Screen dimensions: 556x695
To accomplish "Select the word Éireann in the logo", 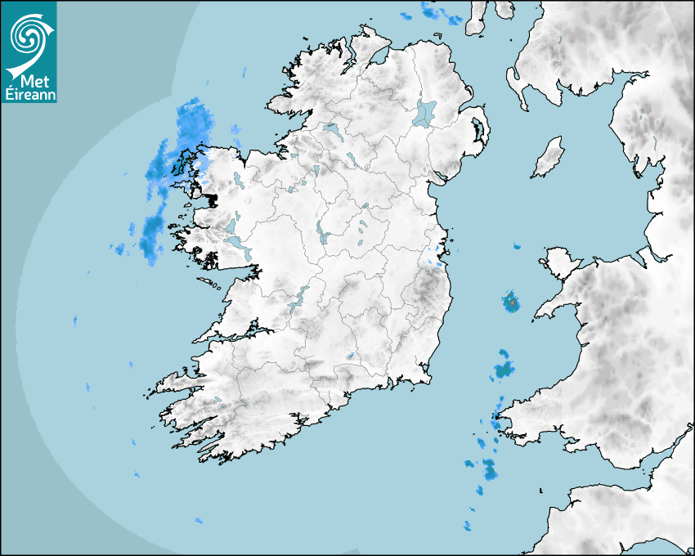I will tap(29, 95).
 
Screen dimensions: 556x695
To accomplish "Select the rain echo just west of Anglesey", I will tap(511, 302).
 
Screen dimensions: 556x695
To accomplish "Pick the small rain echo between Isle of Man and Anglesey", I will tap(516, 246).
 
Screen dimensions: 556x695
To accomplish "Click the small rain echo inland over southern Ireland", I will tap(350, 356).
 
